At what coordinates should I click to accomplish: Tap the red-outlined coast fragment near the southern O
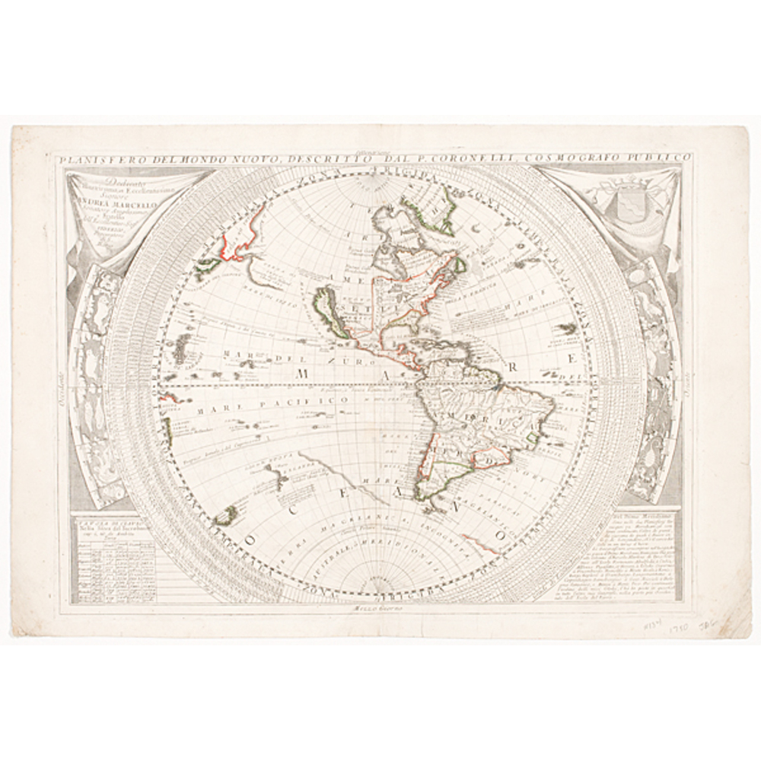483,541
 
